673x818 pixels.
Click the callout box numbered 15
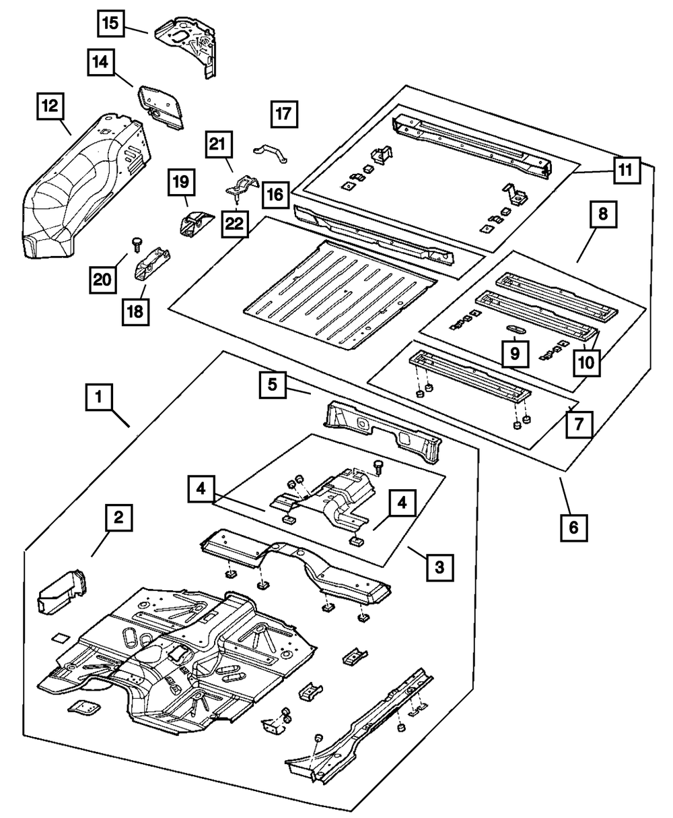pos(110,25)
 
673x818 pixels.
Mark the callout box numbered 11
pos(626,170)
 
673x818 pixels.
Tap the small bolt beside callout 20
pos(137,242)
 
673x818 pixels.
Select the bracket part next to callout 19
pos(192,222)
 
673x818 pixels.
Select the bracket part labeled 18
pos(153,267)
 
